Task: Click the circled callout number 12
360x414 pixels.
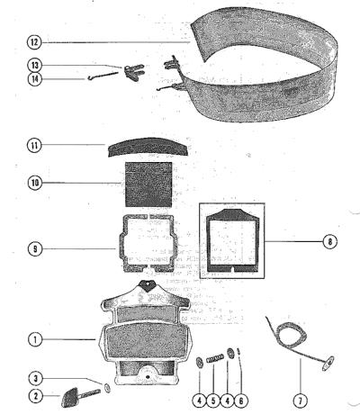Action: pos(35,42)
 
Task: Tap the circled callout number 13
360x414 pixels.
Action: pos(35,65)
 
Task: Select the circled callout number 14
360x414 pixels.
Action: pos(35,79)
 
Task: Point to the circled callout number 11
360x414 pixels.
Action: pos(35,146)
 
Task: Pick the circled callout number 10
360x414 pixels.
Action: pos(35,183)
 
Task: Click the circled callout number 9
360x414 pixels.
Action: pos(35,249)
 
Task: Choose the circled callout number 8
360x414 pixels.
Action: pos(329,241)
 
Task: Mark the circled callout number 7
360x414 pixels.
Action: pos(301,400)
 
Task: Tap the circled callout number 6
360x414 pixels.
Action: pos(241,400)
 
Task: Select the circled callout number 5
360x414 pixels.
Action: pos(213,400)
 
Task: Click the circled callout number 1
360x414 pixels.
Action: pos(35,339)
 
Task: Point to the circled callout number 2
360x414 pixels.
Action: pos(36,396)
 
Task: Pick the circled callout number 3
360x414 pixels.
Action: pos(36,379)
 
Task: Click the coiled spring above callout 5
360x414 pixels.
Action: pos(215,358)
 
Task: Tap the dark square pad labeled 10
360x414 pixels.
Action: pos(148,184)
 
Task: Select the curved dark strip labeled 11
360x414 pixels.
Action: pos(148,147)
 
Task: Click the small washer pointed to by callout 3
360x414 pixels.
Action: pos(107,388)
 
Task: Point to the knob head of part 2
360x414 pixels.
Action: pos(70,397)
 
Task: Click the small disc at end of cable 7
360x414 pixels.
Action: pos(328,363)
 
